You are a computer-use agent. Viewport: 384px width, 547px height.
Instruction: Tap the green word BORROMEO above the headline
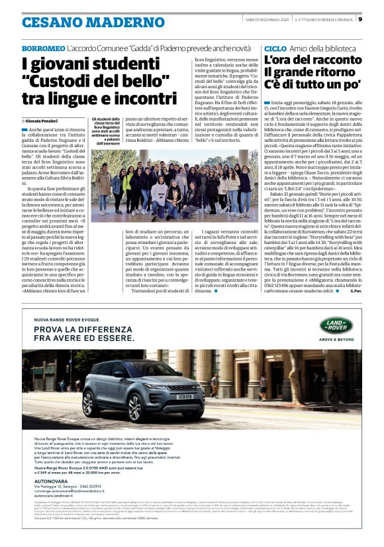coord(43,49)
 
